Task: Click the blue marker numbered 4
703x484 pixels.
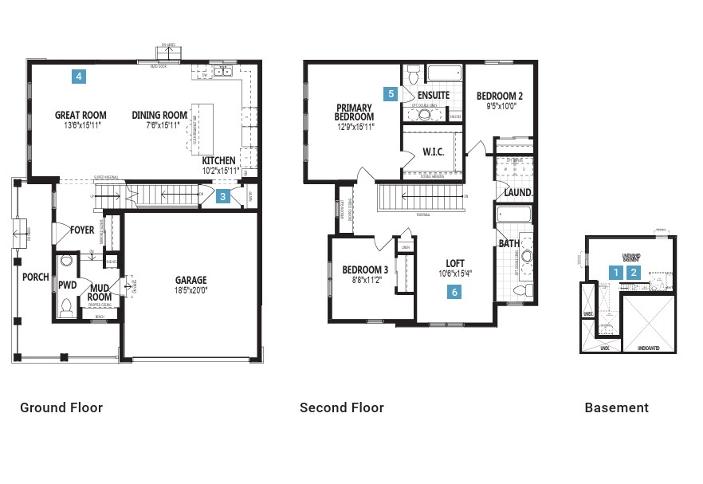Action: (78, 77)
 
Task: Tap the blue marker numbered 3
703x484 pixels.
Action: (224, 197)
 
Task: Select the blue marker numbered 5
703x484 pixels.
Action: (391, 93)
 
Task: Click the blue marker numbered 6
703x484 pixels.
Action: (454, 293)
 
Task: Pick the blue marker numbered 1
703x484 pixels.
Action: (615, 272)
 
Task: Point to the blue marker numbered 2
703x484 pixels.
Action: (634, 272)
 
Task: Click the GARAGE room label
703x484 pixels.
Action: (190, 280)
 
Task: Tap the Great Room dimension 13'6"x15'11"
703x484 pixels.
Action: (81, 125)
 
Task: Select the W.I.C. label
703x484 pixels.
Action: (433, 151)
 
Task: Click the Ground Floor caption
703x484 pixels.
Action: (61, 407)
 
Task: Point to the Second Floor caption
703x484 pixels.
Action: (342, 407)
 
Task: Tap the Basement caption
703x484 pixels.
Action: (616, 407)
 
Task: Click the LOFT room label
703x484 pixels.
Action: (454, 263)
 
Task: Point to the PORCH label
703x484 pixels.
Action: (35, 277)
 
